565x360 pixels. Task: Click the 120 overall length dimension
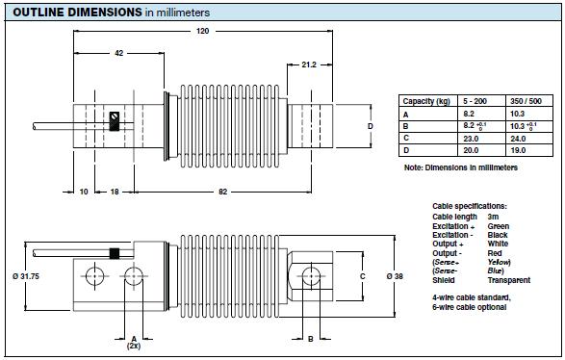[202, 31]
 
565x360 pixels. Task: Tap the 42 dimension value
[119, 53]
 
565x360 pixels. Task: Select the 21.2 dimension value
[309, 64]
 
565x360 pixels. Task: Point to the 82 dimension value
[223, 192]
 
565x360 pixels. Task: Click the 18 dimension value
[115, 192]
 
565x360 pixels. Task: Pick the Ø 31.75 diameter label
[26, 276]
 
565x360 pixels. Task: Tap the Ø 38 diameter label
[395, 276]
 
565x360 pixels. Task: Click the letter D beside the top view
[370, 126]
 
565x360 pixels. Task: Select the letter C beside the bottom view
[363, 276]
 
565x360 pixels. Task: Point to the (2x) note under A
[134, 346]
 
